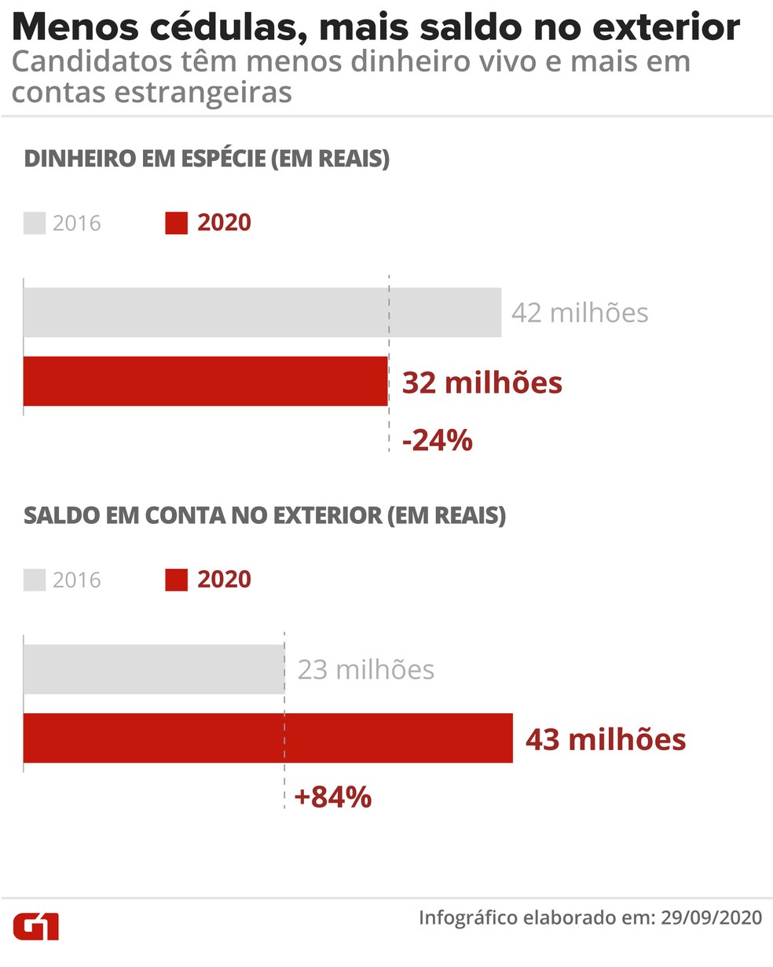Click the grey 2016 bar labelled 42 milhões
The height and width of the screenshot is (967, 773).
262,313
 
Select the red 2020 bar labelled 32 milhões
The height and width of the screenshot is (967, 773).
205,381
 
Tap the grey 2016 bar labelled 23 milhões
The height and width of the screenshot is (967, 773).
154,669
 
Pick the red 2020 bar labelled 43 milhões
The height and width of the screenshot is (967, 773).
268,738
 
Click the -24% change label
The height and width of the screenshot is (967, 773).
438,441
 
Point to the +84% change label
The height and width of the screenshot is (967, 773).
332,797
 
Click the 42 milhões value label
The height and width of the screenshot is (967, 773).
580,313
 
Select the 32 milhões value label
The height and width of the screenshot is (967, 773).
482,383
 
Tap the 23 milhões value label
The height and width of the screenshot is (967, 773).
366,669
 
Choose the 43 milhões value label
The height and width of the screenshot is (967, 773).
606,739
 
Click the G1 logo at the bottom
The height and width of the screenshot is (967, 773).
36,926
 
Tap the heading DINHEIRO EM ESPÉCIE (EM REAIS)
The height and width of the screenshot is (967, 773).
207,159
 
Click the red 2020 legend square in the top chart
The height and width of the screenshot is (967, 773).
177,223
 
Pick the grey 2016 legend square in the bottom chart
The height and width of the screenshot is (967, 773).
35,581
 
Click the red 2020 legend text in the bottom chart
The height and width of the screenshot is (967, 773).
224,580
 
